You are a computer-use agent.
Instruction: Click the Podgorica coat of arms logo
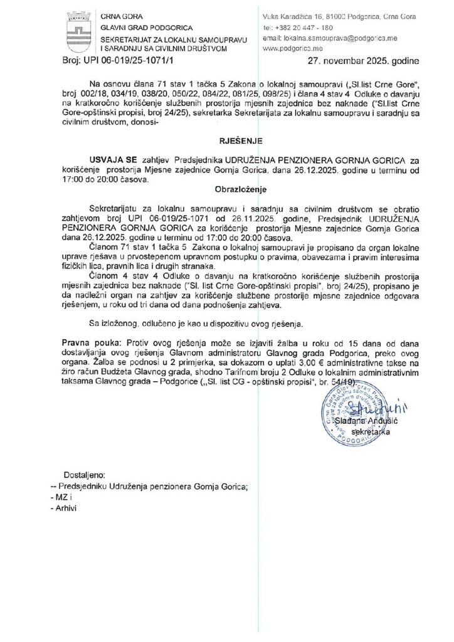80,28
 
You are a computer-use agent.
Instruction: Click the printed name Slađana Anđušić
362,423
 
